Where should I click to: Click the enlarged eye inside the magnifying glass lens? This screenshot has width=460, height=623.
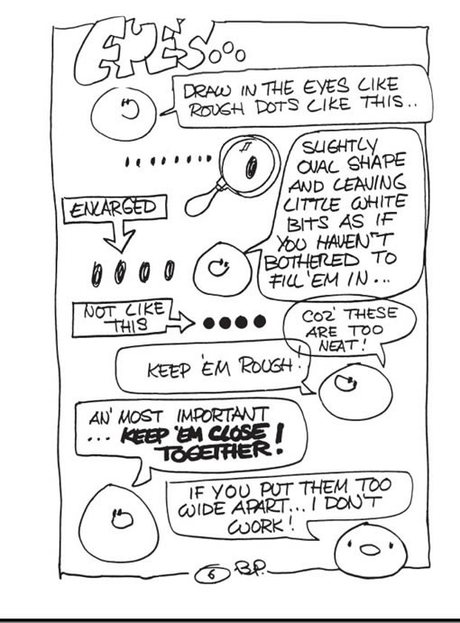(x=252, y=167)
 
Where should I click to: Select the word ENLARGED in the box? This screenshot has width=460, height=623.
(x=115, y=208)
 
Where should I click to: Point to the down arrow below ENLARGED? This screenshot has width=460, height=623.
(x=120, y=237)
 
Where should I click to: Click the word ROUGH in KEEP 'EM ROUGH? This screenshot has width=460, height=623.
(x=268, y=366)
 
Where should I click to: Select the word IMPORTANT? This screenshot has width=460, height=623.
(x=223, y=416)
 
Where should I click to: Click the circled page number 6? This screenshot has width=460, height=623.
(x=212, y=574)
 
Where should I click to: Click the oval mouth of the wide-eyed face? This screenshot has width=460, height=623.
(x=370, y=550)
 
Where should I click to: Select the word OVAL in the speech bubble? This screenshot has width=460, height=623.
(x=319, y=168)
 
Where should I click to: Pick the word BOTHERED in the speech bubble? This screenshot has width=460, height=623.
(x=312, y=261)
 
